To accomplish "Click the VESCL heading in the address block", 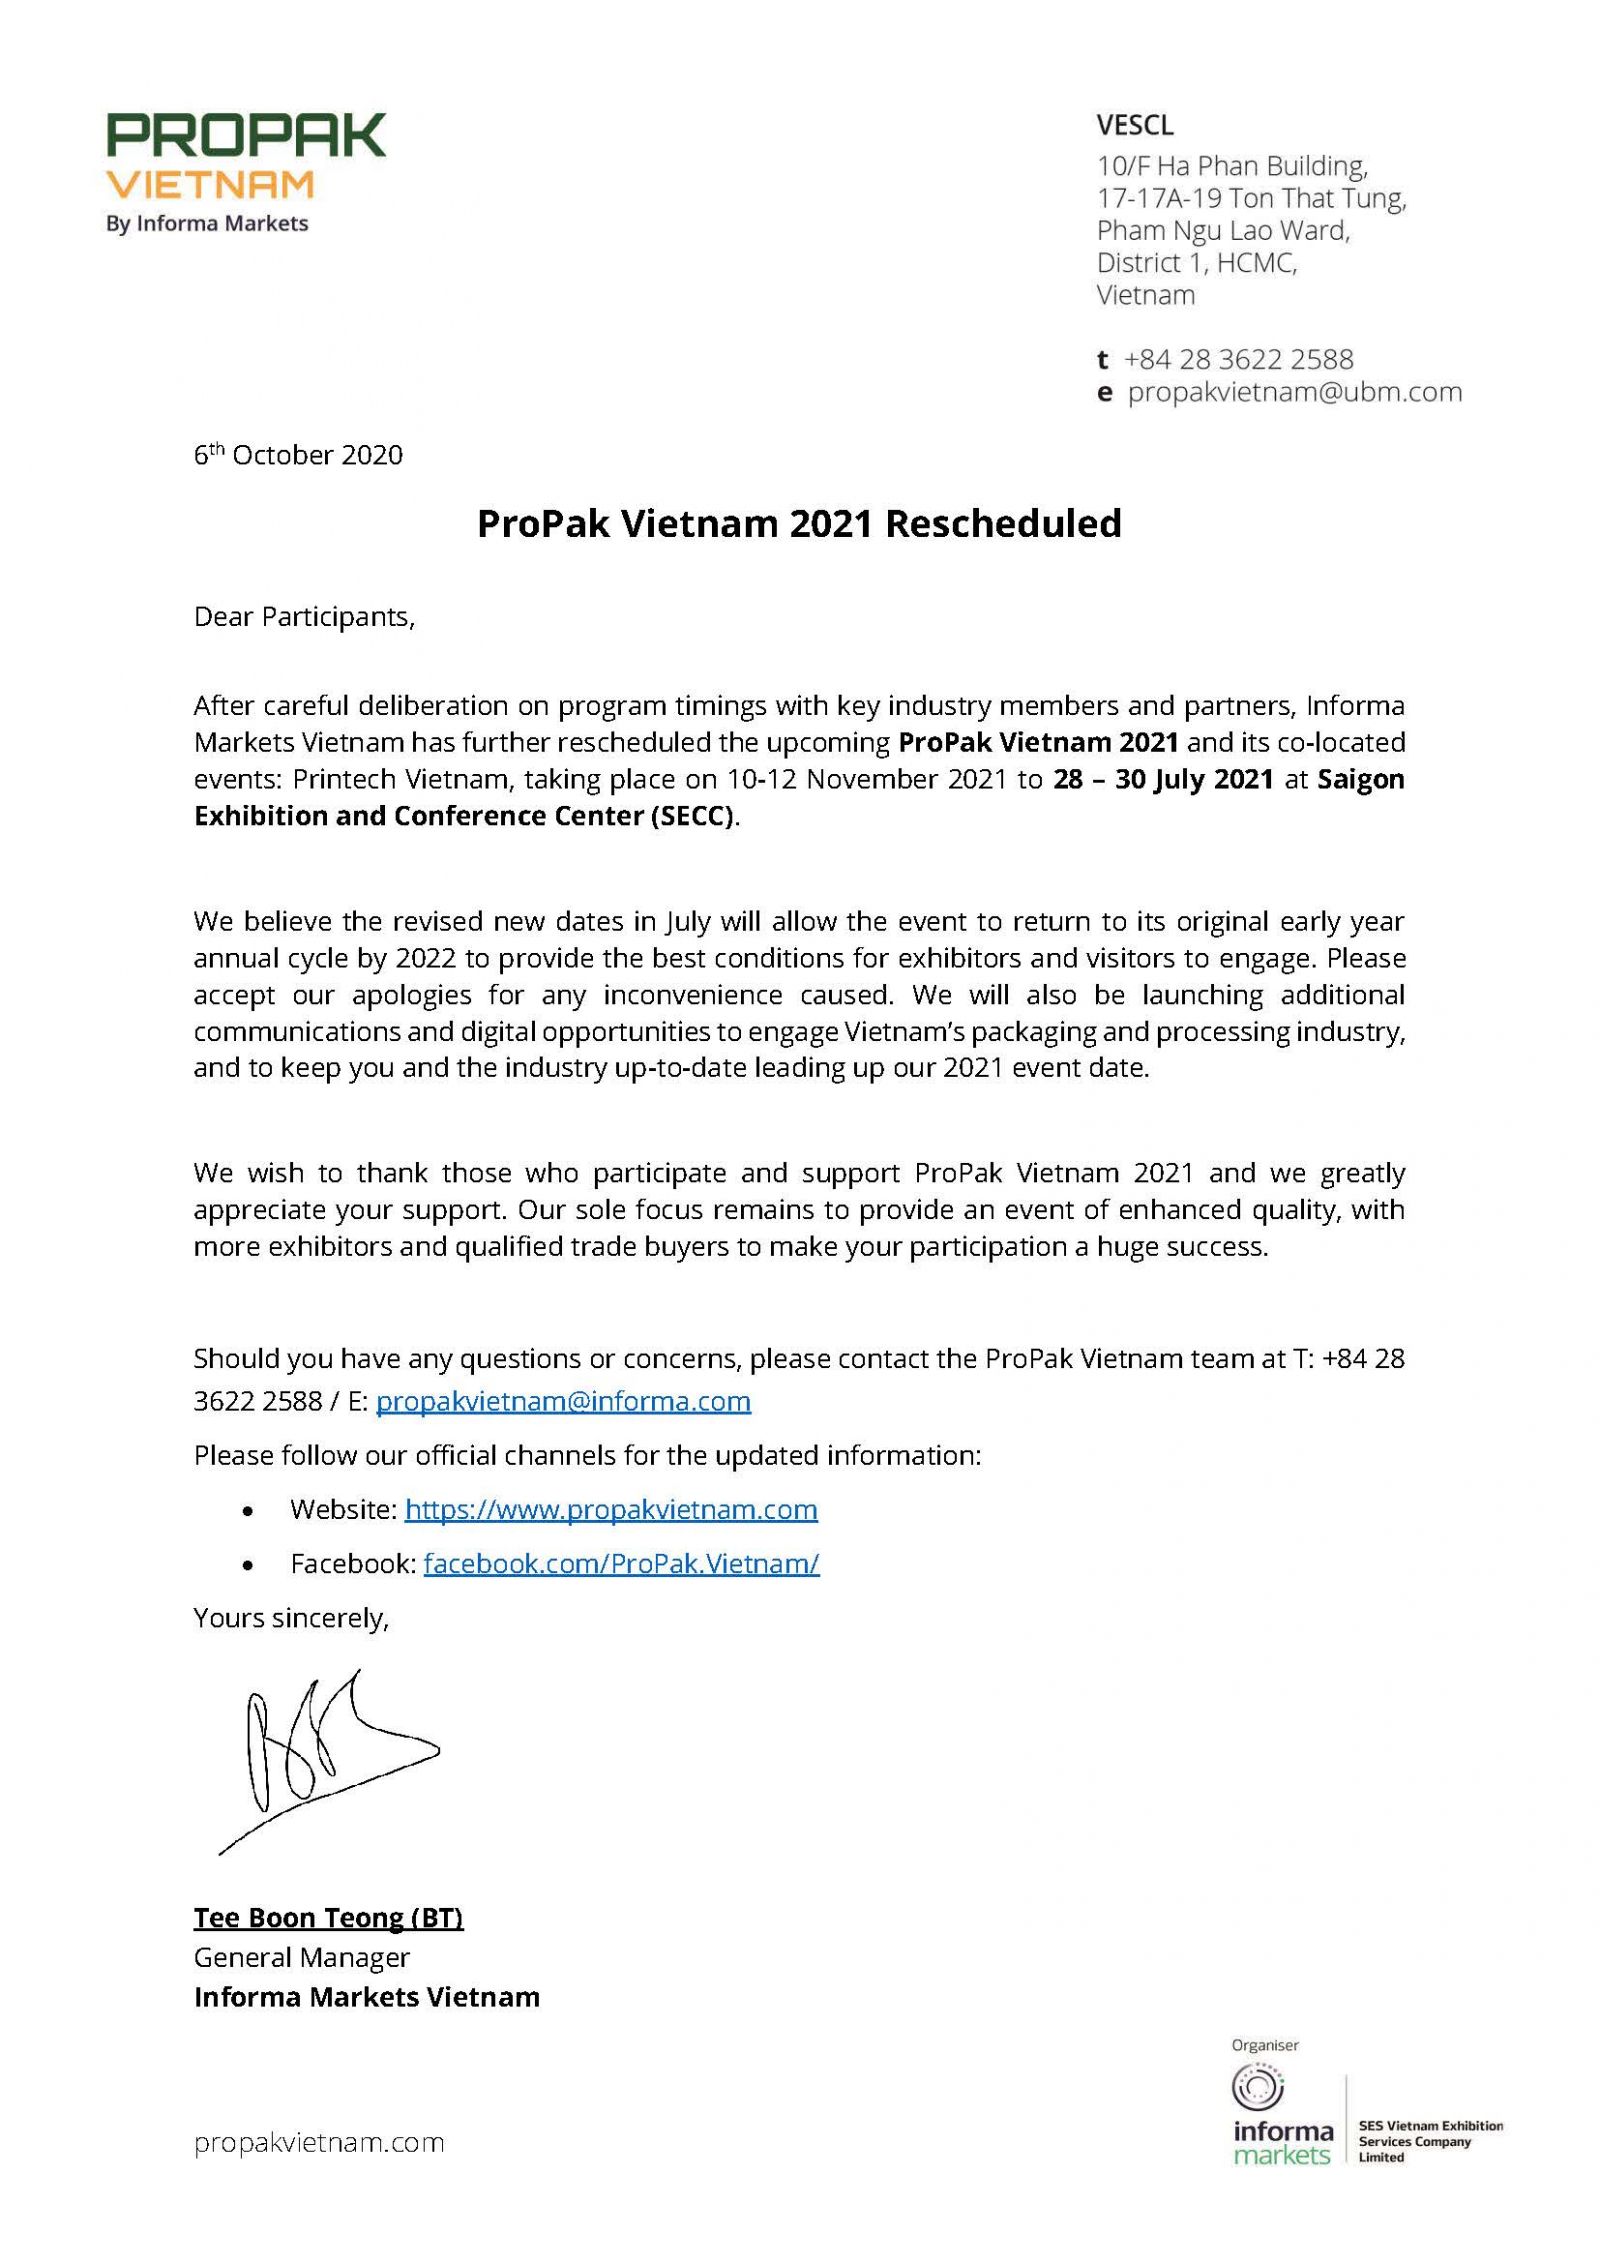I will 1134,126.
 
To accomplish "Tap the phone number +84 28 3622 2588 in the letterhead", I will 1238,359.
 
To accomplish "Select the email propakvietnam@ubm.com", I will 1294,392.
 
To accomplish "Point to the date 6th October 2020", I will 298,455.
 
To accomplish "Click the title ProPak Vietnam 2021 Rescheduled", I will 799,524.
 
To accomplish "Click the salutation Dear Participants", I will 304,617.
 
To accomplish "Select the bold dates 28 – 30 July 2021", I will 1163,779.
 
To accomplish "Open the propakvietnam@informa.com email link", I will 563,1401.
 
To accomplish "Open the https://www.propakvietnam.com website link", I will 611,1509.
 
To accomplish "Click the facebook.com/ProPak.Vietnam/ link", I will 621,1563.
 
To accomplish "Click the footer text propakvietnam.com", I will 319,2143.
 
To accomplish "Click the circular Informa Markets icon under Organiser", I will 1258,2090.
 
